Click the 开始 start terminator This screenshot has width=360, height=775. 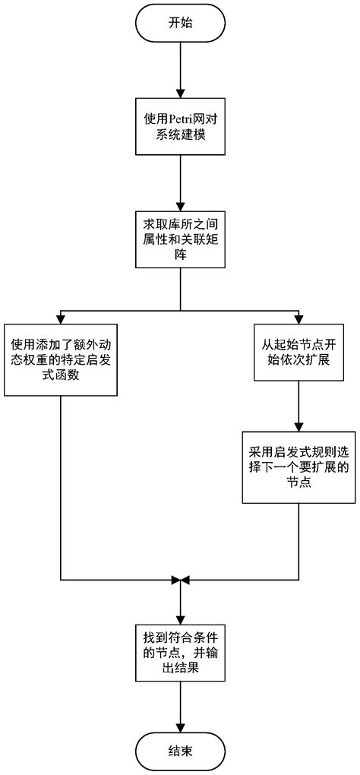click(180, 22)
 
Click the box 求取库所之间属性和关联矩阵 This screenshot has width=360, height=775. click(180, 238)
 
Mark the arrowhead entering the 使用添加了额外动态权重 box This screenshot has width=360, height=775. click(61, 318)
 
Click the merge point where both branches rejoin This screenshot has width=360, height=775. click(180, 580)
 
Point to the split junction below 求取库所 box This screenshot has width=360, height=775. click(180, 309)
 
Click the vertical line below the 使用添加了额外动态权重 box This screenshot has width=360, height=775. click(61, 486)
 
